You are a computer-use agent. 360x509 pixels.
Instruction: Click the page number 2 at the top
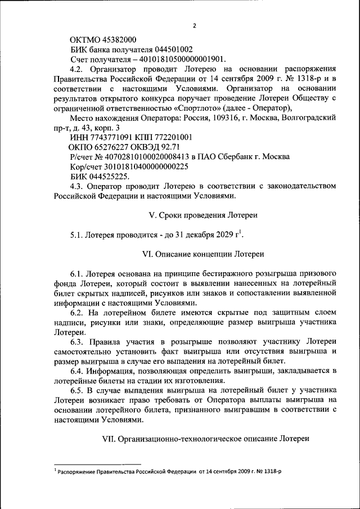tap(194, 25)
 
